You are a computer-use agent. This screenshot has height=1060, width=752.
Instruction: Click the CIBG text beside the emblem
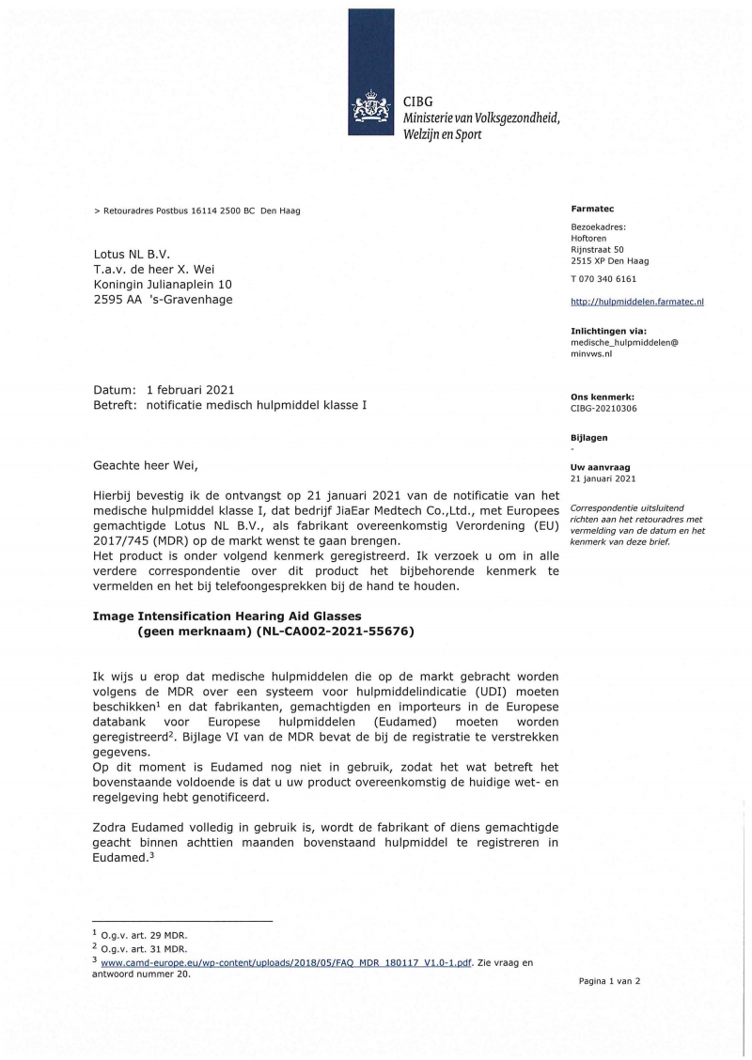[x=417, y=101]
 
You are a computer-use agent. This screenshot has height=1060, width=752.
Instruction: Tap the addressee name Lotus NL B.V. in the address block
[x=131, y=254]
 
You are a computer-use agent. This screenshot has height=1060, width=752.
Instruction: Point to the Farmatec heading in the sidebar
[x=592, y=209]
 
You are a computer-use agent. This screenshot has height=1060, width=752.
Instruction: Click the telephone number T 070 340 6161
[x=603, y=279]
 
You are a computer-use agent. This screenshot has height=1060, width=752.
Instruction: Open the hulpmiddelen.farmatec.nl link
[x=637, y=302]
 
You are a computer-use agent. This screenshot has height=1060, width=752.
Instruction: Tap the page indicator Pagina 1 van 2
[x=608, y=981]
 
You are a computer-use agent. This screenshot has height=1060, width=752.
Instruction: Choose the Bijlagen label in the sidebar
[x=589, y=437]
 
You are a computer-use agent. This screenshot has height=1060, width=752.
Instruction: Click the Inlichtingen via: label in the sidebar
[x=609, y=331]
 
